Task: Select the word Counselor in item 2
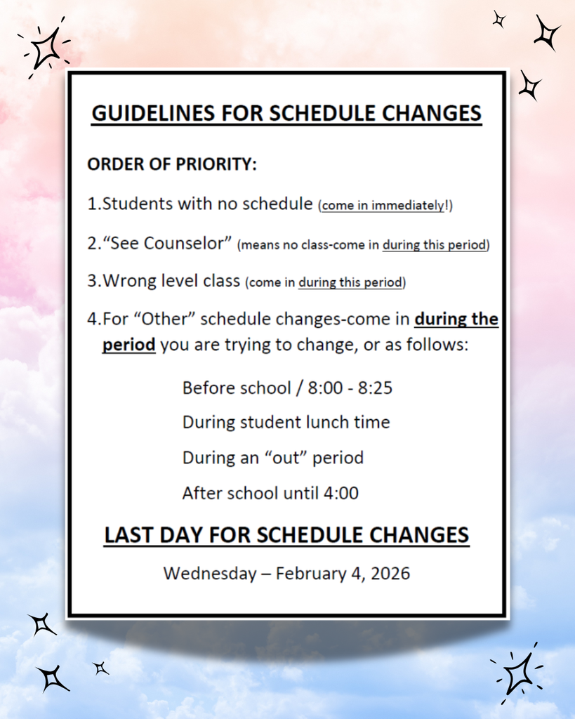tap(187, 243)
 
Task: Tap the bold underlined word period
tap(128, 345)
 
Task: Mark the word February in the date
tap(308, 573)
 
